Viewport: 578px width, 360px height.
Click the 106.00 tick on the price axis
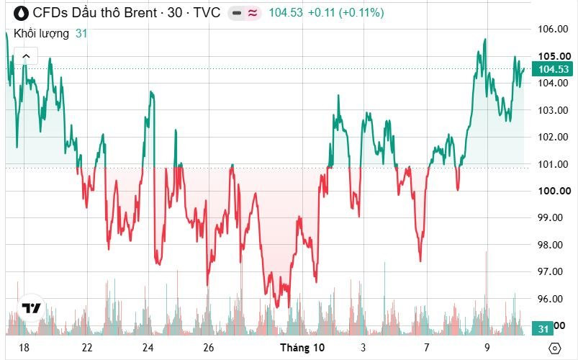pos(553,29)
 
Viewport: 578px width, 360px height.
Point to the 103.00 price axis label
pos(553,110)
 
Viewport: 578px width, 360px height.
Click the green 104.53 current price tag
pos(552,69)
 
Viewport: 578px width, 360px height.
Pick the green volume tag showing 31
pos(543,328)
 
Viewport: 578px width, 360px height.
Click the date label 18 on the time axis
pos(24,348)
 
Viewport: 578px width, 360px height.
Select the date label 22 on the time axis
pos(87,348)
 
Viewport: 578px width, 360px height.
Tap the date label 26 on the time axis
pos(208,348)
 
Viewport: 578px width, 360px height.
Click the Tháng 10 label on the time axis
pos(302,348)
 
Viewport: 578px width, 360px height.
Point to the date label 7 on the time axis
pos(427,348)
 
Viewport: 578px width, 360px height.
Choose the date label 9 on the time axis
pos(487,348)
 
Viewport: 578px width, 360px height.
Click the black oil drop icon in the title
pos(21,13)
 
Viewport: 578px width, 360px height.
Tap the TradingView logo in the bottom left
pos(31,308)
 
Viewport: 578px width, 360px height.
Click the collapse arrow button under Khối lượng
pos(26,56)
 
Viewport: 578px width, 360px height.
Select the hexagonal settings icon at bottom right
pos(554,348)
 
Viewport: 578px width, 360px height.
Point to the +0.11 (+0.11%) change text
pos(346,13)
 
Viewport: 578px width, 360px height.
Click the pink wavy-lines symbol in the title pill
pos(253,13)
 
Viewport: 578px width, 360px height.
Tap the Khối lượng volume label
pos(41,34)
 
